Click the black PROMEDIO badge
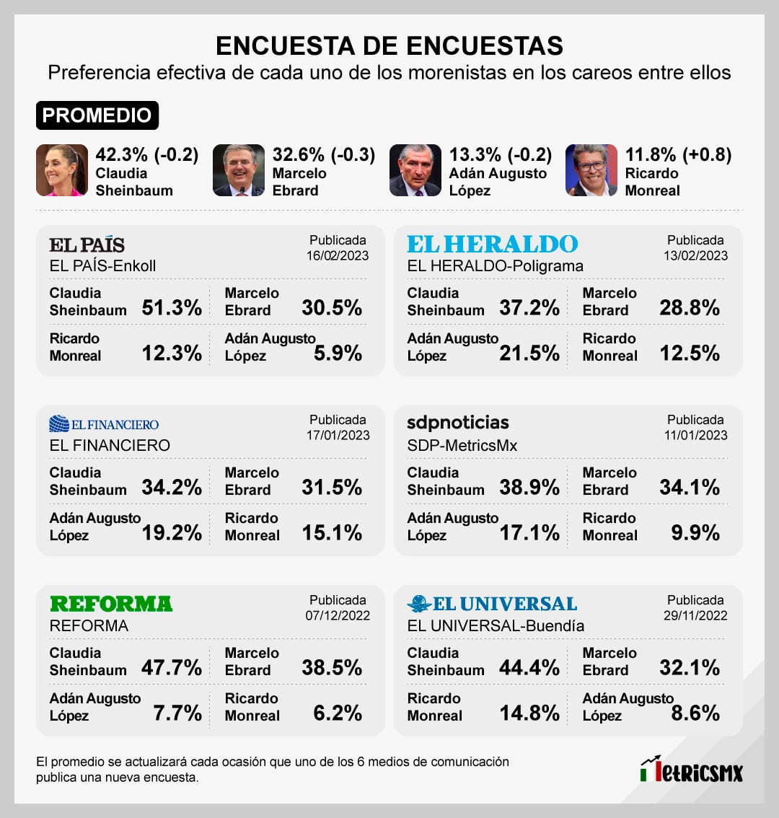pyautogui.click(x=97, y=115)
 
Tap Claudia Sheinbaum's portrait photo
pyautogui.click(x=62, y=170)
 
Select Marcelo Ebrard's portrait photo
pyautogui.click(x=239, y=170)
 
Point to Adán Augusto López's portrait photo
pyautogui.click(x=415, y=170)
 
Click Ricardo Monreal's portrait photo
pyautogui.click(x=591, y=170)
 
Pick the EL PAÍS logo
pyautogui.click(x=87, y=245)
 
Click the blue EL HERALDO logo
pyautogui.click(x=493, y=245)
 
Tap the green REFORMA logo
pyautogui.click(x=111, y=604)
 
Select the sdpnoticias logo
pyautogui.click(x=458, y=423)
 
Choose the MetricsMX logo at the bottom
pyautogui.click(x=691, y=770)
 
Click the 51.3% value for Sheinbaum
pyautogui.click(x=172, y=308)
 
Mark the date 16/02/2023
pyautogui.click(x=338, y=255)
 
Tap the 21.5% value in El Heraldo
pyautogui.click(x=529, y=353)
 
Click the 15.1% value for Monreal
pyautogui.click(x=332, y=533)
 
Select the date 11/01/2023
pyautogui.click(x=695, y=435)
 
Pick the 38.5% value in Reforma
pyautogui.click(x=332, y=668)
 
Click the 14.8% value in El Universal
pyautogui.click(x=529, y=713)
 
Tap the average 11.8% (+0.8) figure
pyautogui.click(x=678, y=155)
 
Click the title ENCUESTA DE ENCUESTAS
pyautogui.click(x=389, y=46)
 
